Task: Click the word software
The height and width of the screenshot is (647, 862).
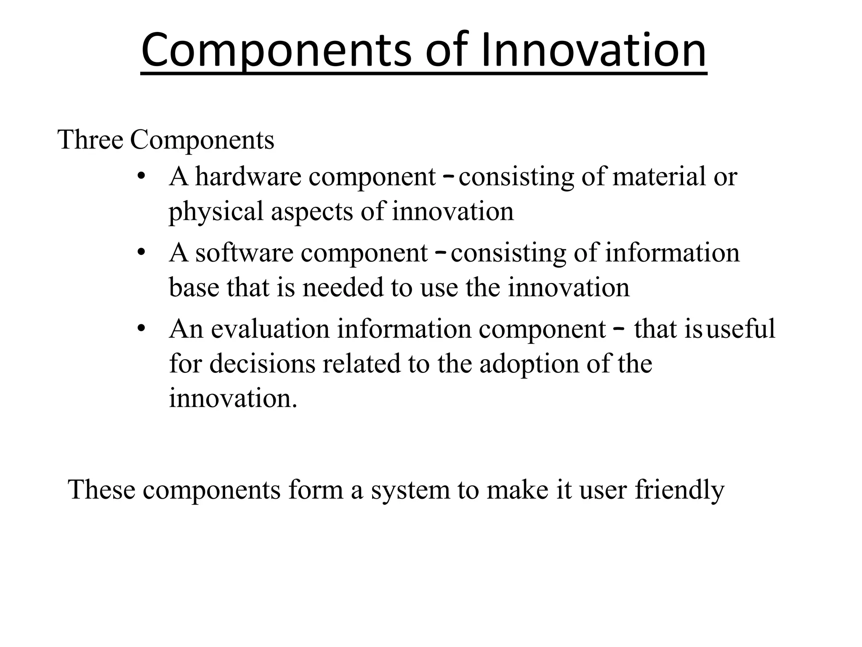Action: [244, 253]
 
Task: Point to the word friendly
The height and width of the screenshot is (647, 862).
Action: [679, 489]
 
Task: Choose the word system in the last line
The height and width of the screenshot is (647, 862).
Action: [410, 489]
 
